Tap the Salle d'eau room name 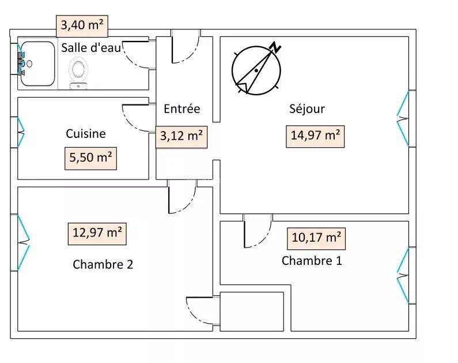[91, 48]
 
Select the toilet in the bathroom [78, 72]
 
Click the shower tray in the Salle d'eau [37, 64]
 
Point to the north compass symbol [257, 69]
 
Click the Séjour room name [306, 108]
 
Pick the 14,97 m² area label [314, 136]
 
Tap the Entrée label [181, 108]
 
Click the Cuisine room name [85, 133]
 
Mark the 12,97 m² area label [97, 233]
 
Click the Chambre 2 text [103, 264]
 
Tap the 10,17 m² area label [316, 237]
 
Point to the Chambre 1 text [312, 260]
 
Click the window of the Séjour [404, 119]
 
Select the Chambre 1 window [404, 275]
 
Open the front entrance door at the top [186, 47]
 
